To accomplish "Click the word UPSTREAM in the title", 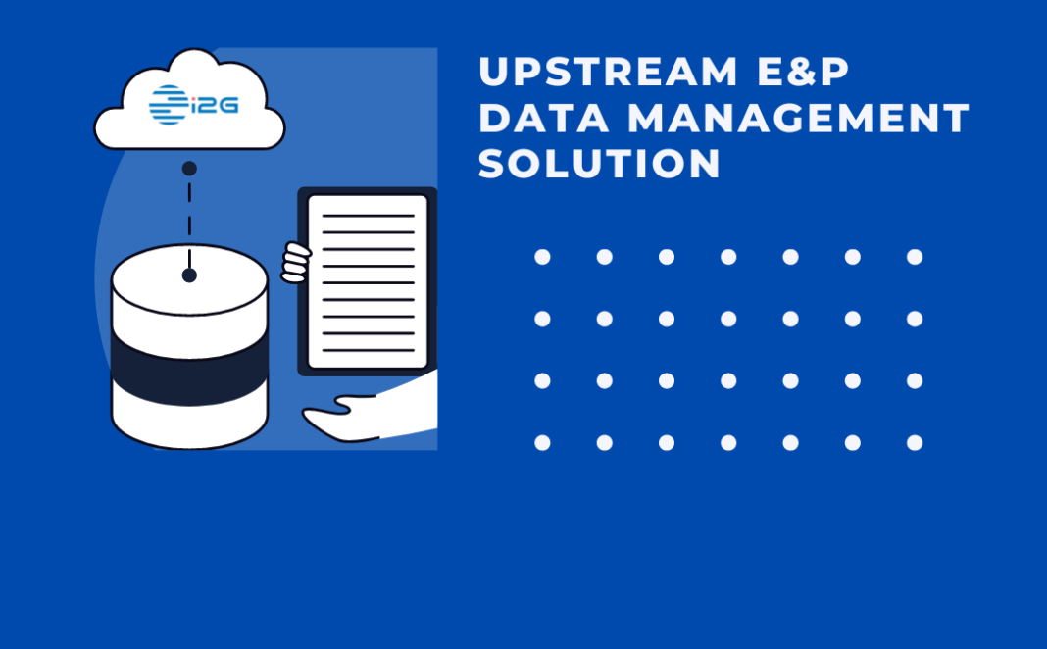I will point(608,73).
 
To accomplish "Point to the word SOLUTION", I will point(600,165).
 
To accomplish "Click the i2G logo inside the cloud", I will point(194,105).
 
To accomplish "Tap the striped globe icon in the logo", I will point(168,105).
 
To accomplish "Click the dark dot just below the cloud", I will point(189,169).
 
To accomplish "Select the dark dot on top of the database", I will point(189,275).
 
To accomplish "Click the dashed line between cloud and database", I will point(189,222).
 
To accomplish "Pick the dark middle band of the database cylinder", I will point(189,363).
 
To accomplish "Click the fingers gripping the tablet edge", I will point(295,263).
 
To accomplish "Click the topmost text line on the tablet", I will point(368,216).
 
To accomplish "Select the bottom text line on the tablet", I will point(368,349).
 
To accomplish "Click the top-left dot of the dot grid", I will point(542,257).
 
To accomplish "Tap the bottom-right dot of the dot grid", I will point(915,443).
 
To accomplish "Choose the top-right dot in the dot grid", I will point(915,257).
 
